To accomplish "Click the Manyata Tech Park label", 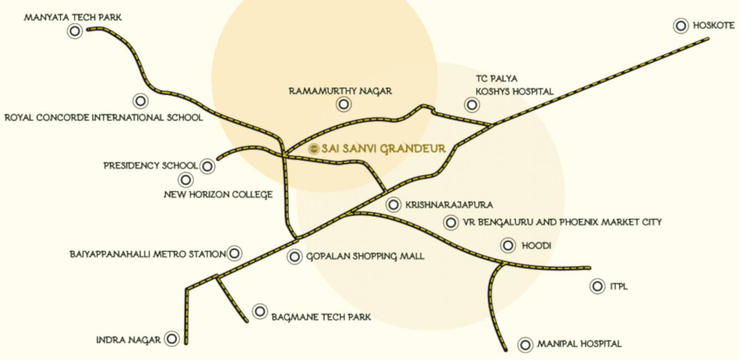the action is (x=73, y=18).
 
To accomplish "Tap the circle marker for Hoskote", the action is (x=681, y=25).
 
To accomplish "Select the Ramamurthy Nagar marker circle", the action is (x=344, y=104).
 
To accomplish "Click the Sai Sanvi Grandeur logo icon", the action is (x=314, y=148).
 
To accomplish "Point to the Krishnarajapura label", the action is (x=449, y=205).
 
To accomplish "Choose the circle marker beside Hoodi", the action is (x=507, y=245).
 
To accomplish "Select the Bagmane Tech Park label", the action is (x=321, y=317).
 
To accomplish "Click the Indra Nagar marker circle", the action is (x=172, y=340).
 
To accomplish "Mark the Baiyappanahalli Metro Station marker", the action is (x=234, y=254).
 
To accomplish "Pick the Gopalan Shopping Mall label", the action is (x=365, y=256).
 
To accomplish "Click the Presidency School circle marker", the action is (x=207, y=166).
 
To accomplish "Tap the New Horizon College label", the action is (x=218, y=194).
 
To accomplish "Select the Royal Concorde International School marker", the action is (x=141, y=101).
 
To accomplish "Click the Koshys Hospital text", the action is (x=514, y=92).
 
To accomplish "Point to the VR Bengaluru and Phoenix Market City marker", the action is (x=451, y=223).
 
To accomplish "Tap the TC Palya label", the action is (x=496, y=79).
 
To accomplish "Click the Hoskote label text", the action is (x=713, y=25).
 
